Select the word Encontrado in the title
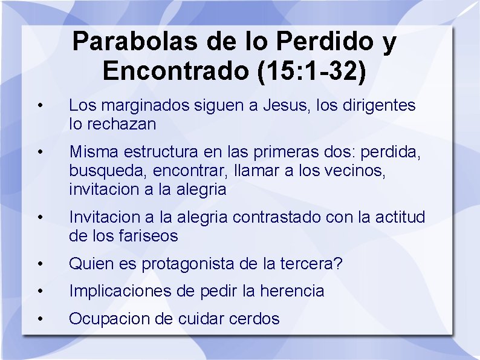(x=176, y=71)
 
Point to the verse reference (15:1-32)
(x=312, y=71)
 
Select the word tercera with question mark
(x=314, y=264)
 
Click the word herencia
(x=292, y=291)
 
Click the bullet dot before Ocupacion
(x=39, y=319)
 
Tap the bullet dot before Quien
(x=39, y=264)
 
